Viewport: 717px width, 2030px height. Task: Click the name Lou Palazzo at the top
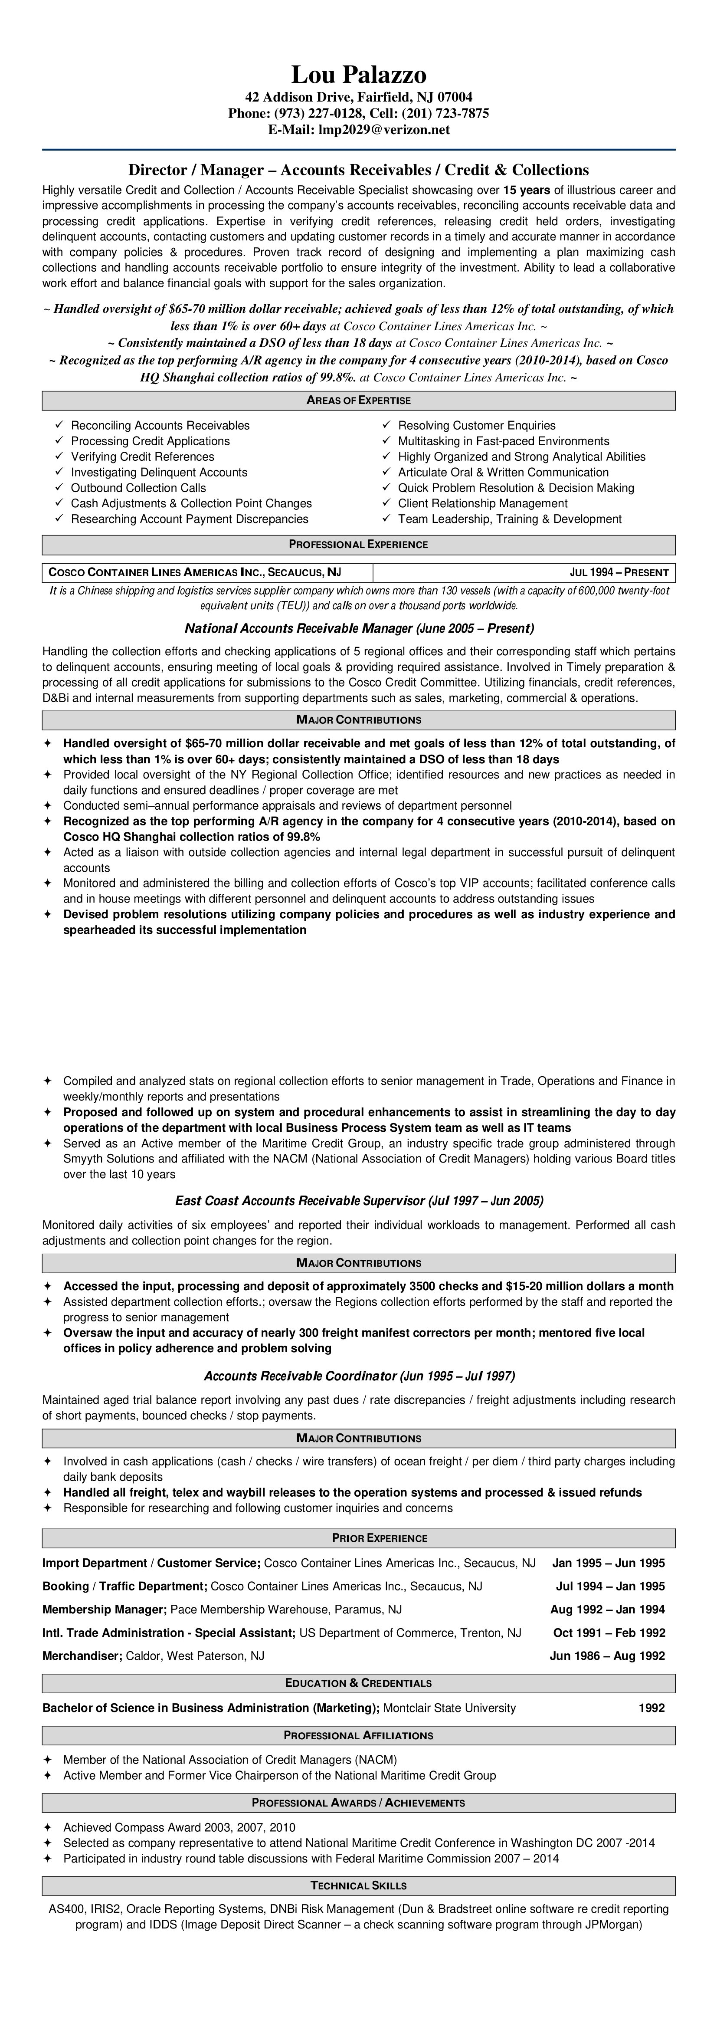pyautogui.click(x=358, y=75)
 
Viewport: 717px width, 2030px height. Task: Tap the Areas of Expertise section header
pyautogui.click(x=358, y=401)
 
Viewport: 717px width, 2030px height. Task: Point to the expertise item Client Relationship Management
pyautogui.click(x=482, y=503)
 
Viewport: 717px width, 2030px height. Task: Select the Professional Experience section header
pyautogui.click(x=358, y=545)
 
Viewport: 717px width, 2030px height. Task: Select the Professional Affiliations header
pyautogui.click(x=358, y=1735)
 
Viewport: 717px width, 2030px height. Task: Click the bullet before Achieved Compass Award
pyautogui.click(x=47, y=1827)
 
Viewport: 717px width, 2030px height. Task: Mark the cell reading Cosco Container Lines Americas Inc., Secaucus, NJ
pyautogui.click(x=195, y=572)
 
